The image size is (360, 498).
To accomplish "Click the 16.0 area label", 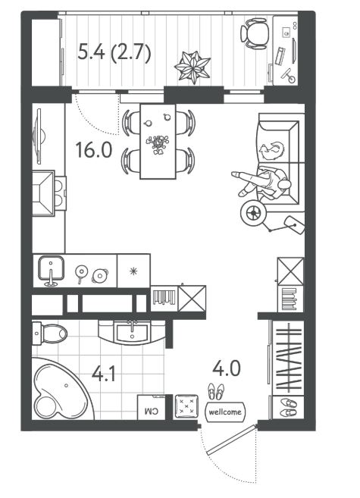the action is pos(94,150).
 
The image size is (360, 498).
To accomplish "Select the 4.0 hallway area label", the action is pos(227,368).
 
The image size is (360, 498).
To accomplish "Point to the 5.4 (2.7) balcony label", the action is pos(114,52).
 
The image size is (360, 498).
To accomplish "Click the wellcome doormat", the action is pos(225,412).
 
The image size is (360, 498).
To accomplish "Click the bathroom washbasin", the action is pos(132,333).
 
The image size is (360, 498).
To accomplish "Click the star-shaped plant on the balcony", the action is pos(193,67).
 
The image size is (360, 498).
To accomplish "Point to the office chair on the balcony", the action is pos(255,33).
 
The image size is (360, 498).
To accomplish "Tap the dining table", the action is pos(158,141).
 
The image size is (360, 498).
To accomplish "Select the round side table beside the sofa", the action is pos(253,213).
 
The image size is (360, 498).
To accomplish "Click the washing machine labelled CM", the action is pos(151,407).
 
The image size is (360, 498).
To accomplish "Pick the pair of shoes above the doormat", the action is pos(216,391).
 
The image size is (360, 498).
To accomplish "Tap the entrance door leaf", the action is pos(231,440).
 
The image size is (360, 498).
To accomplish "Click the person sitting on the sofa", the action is pos(264,183).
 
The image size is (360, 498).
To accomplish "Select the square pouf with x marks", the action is pos(186,406).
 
